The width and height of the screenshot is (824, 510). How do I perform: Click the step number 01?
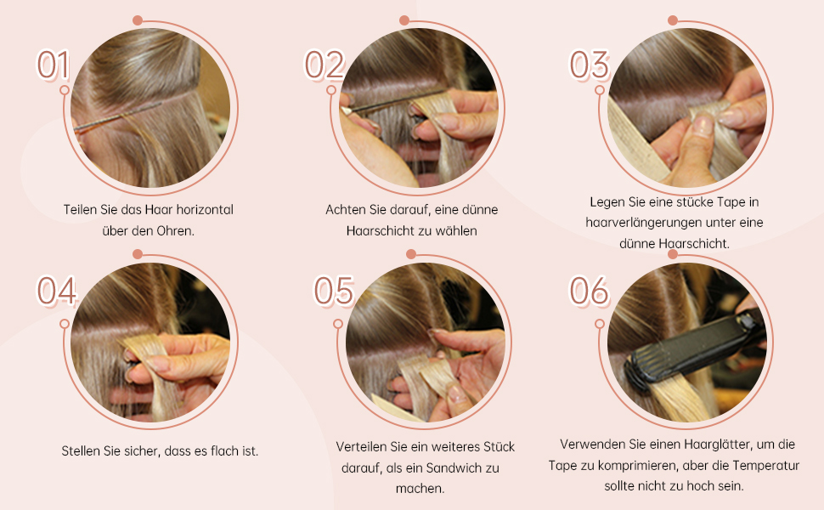[x=53, y=65]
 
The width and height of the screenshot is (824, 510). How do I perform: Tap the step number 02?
[x=324, y=65]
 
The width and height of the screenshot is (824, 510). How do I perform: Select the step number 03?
[x=590, y=65]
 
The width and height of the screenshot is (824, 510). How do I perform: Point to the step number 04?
[x=56, y=291]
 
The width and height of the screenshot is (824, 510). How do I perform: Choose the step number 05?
[x=333, y=291]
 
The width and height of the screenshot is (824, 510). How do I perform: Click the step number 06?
[x=590, y=291]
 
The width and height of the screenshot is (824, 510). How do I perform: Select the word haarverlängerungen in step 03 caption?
[x=639, y=223]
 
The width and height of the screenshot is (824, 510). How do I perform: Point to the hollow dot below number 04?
[x=64, y=324]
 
